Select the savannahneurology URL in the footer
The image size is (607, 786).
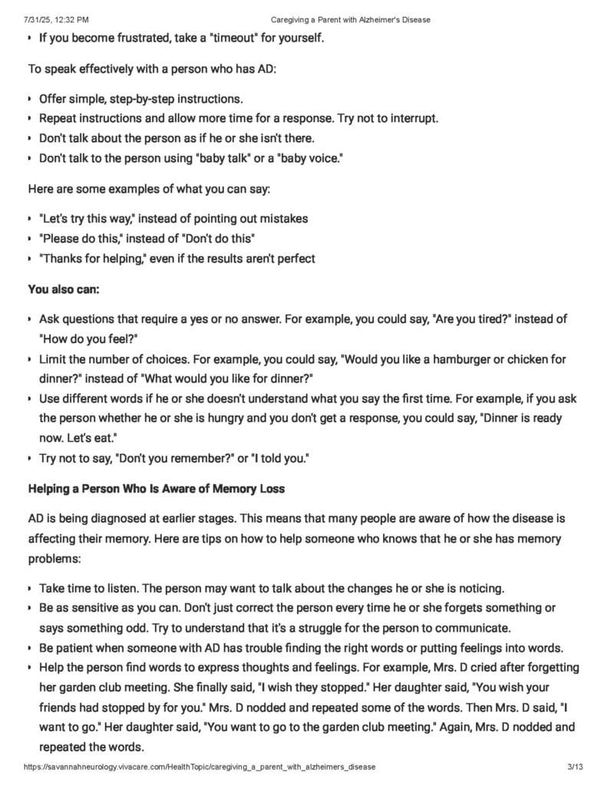pyautogui.click(x=200, y=766)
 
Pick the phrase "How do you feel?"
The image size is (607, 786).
pyautogui.click(x=93, y=339)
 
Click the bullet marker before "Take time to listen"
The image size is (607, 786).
pyautogui.click(x=29, y=589)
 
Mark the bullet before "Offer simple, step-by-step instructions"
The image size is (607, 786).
pyautogui.click(x=29, y=100)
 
